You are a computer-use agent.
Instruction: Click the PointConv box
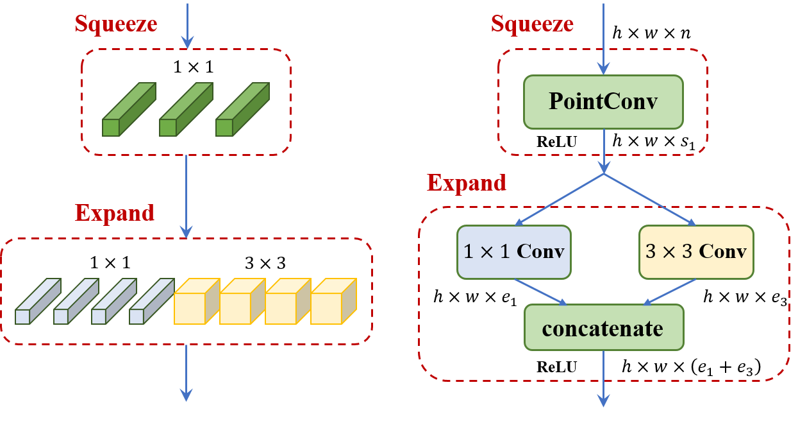point(603,102)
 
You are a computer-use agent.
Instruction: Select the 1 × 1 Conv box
point(513,252)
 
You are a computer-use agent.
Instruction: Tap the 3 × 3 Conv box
point(696,252)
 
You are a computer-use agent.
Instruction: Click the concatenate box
point(603,327)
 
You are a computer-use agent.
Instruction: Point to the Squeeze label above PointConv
point(532,24)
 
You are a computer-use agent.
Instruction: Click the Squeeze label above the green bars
point(116,24)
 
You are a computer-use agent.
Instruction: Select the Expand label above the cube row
point(115,212)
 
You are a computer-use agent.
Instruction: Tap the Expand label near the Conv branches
point(467,183)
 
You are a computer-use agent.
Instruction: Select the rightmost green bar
point(242,110)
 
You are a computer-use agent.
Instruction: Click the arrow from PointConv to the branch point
point(603,151)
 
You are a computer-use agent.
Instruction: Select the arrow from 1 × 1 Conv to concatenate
point(540,292)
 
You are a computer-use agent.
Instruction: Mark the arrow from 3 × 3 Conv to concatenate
point(670,292)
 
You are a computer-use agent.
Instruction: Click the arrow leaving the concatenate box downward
point(603,379)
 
